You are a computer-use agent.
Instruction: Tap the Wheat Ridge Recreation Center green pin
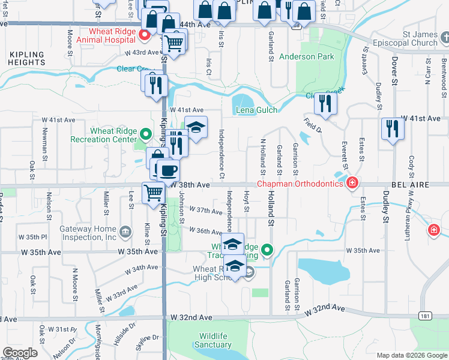[145, 133]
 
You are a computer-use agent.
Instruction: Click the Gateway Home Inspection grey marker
[125, 231]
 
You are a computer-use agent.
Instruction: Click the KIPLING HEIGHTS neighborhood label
[27, 58]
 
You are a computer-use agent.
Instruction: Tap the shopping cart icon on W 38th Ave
[154, 192]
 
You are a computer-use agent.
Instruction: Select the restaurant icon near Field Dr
[325, 103]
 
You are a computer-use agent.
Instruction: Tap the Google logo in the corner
[20, 353]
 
